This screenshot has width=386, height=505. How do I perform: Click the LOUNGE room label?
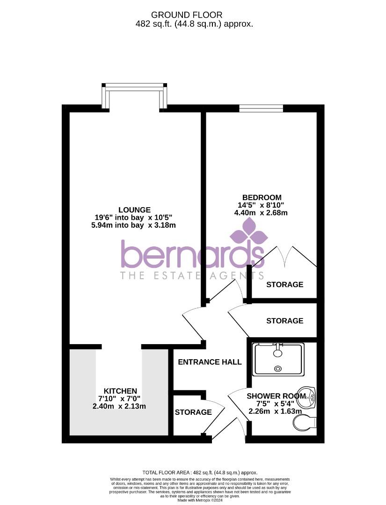pos(134,210)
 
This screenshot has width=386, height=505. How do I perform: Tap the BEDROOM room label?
pos(262,197)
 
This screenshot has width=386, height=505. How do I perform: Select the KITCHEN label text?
pos(120,391)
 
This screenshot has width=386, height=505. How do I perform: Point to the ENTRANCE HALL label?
pos(210,362)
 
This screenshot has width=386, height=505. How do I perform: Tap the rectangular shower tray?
pos(278,359)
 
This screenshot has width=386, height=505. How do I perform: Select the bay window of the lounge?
pos(135,96)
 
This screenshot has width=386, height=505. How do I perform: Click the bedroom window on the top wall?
pos(261,109)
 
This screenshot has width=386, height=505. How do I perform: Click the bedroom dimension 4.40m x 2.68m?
pos(261,213)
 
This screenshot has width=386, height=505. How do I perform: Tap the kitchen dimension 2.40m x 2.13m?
pos(119,406)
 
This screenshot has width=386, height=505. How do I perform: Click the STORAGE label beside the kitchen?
pos(193,412)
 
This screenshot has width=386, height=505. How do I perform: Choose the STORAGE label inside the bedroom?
pos(284,284)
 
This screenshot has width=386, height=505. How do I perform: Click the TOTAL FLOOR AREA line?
pos(200,473)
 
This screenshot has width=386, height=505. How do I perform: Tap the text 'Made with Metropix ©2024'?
pos(200,500)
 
